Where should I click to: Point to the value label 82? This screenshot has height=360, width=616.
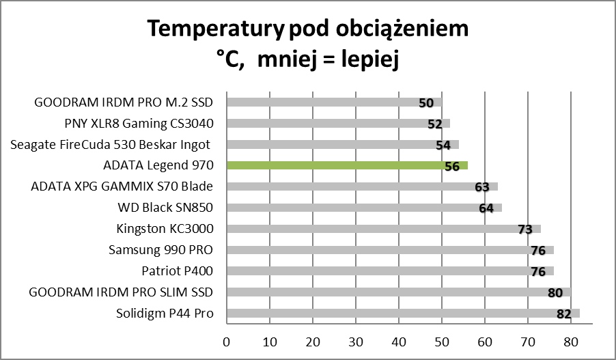(x=563, y=314)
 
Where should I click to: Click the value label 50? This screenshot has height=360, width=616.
(x=426, y=103)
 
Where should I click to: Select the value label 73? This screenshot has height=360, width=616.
(x=524, y=230)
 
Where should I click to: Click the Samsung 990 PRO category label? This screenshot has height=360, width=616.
(x=160, y=250)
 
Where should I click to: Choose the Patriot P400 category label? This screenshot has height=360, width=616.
(x=177, y=271)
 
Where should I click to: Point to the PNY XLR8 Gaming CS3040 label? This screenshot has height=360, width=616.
(x=138, y=124)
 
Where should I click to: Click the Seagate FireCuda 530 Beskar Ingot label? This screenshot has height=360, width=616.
(x=110, y=145)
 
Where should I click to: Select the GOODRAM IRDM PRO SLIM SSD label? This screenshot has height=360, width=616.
(x=121, y=292)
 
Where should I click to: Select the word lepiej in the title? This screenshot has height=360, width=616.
(x=367, y=59)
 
